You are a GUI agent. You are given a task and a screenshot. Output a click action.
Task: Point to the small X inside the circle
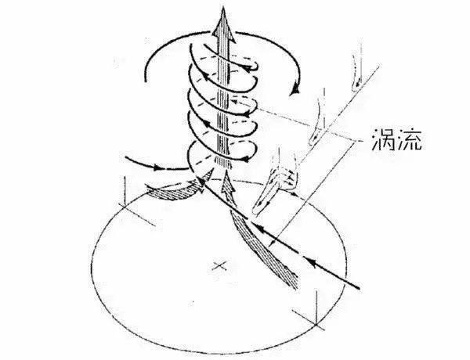(219, 267)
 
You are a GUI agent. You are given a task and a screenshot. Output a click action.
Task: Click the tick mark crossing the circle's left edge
(125, 196)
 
